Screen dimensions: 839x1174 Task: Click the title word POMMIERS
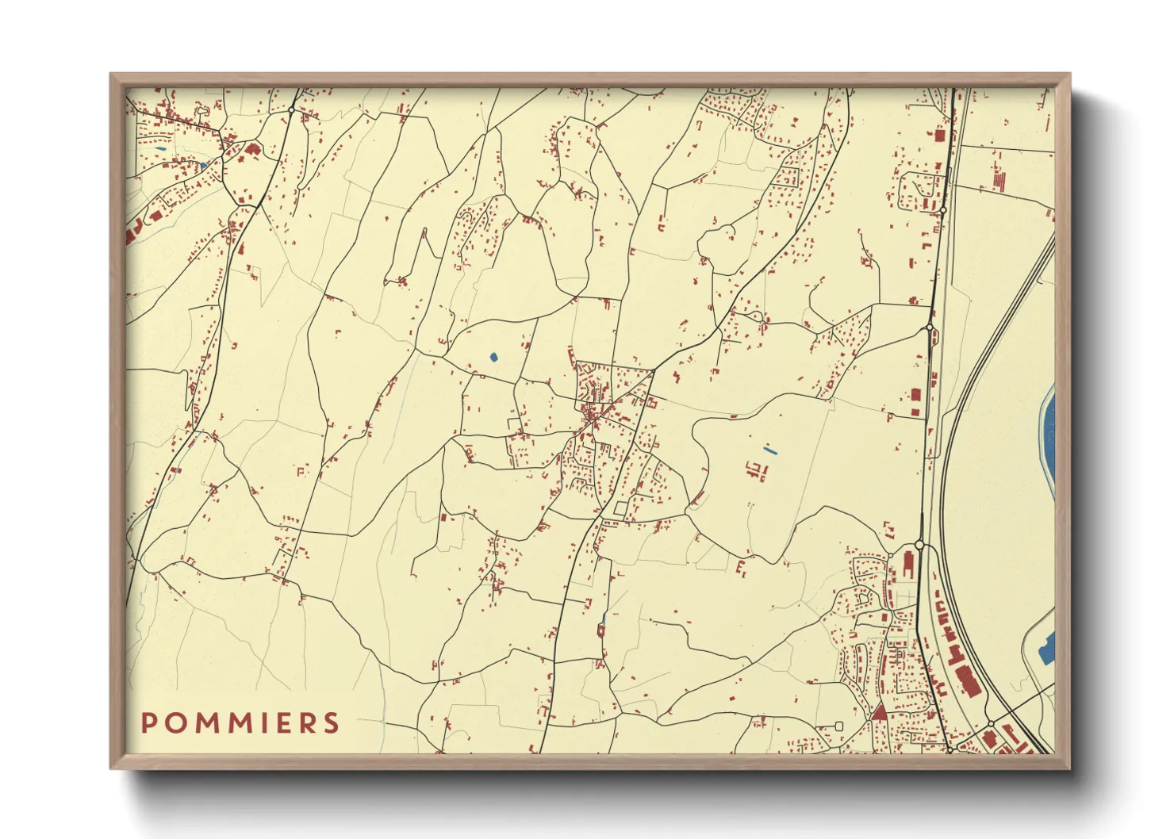tap(240, 722)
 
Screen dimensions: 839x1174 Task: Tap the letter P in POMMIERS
tap(148, 722)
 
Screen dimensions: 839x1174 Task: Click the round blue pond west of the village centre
tap(493, 357)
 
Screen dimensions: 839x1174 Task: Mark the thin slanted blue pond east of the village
tap(769, 450)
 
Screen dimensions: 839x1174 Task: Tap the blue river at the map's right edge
tap(1049, 436)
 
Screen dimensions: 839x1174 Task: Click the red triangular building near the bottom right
tap(879, 711)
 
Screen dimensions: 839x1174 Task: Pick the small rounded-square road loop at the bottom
tap(839, 725)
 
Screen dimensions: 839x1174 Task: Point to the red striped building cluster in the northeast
tap(998, 180)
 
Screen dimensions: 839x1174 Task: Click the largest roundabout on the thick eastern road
tap(919, 545)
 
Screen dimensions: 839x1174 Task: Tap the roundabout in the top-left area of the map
tap(292, 109)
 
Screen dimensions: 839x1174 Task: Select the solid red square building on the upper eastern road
tap(940, 136)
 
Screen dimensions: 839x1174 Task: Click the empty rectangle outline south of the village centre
tap(620, 508)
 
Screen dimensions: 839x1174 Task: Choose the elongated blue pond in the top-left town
tap(161, 148)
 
